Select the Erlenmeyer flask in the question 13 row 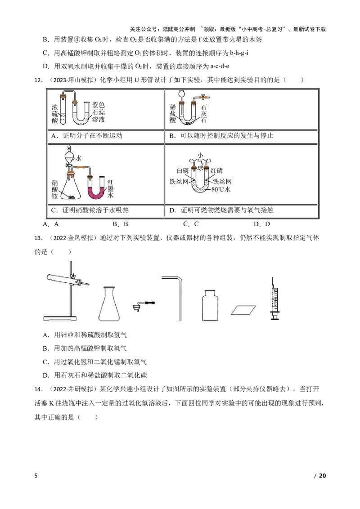point(109,304)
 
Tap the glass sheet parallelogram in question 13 point(243,310)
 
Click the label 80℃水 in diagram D point(220,189)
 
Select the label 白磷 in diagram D point(183,171)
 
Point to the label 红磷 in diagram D point(217,171)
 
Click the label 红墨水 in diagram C point(110,188)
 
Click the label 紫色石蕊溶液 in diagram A point(98,112)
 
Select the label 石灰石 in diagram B point(204,114)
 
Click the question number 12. point(38,80)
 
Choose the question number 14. point(38,389)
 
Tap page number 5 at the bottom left point(36,476)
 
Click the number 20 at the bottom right point(322,476)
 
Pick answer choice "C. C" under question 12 point(191,224)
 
